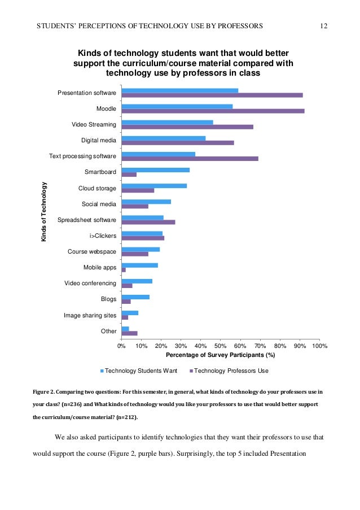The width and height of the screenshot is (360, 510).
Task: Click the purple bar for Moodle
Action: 213,111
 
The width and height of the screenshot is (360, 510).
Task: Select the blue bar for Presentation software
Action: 180,90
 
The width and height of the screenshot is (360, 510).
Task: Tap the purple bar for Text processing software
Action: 190,158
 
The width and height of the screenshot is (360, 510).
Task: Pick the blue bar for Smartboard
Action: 156,170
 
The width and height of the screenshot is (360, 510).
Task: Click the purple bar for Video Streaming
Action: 187,127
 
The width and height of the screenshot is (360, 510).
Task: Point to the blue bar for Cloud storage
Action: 154,186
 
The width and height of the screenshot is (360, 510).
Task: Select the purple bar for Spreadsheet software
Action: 148,222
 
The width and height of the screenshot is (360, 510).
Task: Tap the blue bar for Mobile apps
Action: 140,265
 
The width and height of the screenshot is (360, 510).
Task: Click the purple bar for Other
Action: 130,333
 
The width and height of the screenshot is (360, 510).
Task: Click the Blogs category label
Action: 108,299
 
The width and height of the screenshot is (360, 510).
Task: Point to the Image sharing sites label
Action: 90,315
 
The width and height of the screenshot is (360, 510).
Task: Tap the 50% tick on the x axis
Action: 221,345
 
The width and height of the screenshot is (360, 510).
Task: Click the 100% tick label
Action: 319,345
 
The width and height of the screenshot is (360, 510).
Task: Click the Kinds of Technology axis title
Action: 43,211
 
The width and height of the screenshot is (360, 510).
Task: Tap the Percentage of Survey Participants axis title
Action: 220,355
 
